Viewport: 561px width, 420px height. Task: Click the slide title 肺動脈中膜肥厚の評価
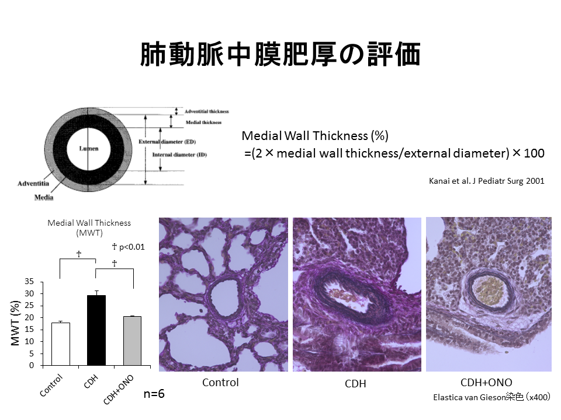coord(280,55)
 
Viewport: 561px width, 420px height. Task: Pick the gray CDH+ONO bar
coord(131,341)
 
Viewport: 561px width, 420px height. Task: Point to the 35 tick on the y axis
coord(30,281)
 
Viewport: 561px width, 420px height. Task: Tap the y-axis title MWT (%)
coord(17,324)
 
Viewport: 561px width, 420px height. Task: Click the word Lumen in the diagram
coord(88,149)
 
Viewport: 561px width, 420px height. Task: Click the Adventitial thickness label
coord(206,111)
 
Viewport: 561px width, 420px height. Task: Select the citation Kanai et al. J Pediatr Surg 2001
coord(487,181)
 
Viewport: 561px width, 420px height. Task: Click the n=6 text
coord(154,394)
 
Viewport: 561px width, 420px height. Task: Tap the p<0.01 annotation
coord(128,247)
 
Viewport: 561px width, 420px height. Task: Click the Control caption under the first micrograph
coord(220,383)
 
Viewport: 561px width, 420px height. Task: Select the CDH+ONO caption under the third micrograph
coord(486,383)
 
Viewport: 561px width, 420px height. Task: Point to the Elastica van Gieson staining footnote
coord(491,397)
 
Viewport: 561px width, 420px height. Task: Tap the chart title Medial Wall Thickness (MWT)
coord(89,228)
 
